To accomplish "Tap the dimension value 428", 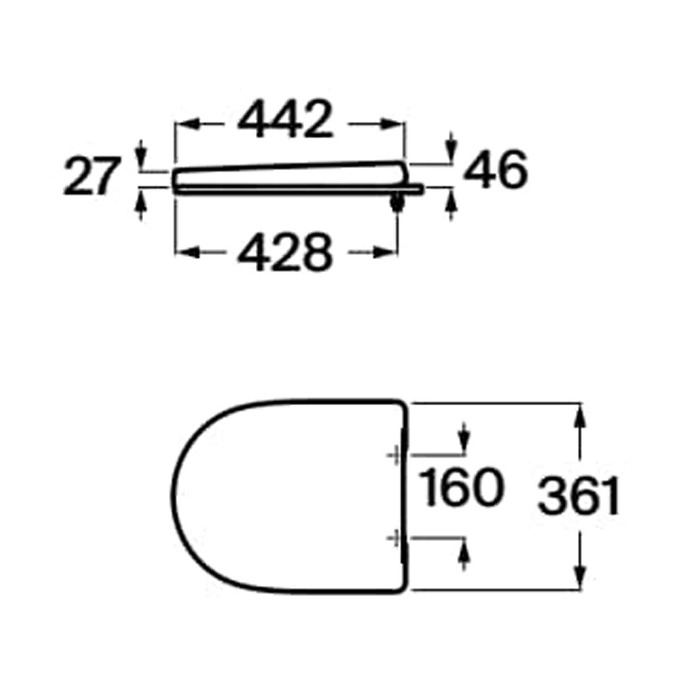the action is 285,252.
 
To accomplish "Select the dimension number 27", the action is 92,176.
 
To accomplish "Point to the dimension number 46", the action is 495,170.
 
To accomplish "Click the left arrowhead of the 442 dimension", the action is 187,124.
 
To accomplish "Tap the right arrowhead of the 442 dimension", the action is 392,124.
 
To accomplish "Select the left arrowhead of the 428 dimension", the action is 187,253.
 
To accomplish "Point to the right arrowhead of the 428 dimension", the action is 385,253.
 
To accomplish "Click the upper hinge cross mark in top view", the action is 394,455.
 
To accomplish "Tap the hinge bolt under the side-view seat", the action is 397,203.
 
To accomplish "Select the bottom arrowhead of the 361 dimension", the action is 580,577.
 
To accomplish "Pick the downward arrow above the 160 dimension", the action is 463,438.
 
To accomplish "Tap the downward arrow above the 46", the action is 451,147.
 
